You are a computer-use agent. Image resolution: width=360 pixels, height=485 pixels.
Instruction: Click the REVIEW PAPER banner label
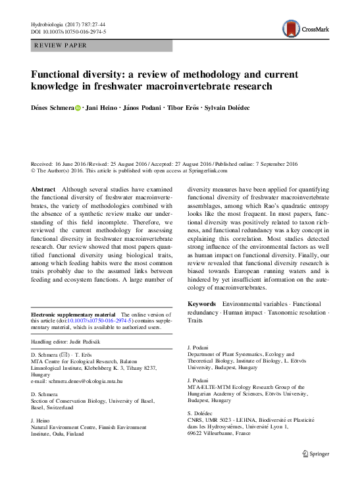point(60,45)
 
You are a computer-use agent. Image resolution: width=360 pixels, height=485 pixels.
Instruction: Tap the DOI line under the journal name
point(69,31)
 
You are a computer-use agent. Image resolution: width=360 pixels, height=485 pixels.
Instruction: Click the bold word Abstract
point(44,190)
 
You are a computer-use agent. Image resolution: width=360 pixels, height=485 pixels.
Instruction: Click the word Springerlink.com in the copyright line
point(205,170)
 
